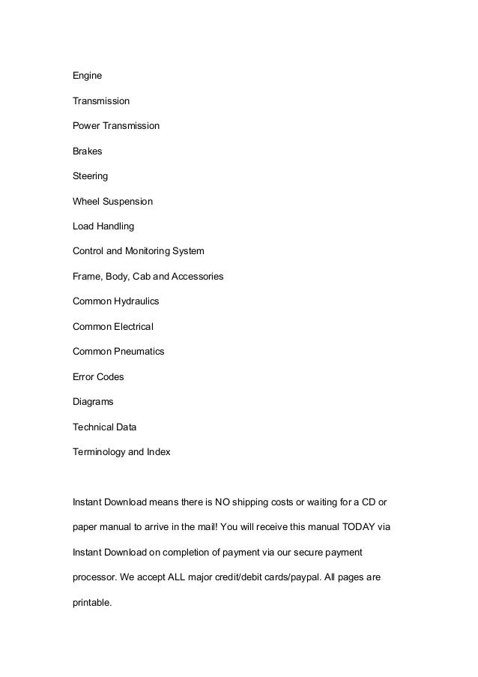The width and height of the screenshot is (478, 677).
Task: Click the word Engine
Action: pyautogui.click(x=87, y=76)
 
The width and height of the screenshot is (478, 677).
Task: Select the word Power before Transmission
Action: pyautogui.click(x=87, y=126)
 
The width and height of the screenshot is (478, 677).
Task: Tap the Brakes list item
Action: pyautogui.click(x=87, y=151)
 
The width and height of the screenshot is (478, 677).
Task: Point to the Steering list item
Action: pyautogui.click(x=90, y=176)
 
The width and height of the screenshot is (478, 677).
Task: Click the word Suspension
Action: pyautogui.click(x=128, y=201)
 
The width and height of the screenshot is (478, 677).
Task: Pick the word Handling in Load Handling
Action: pyautogui.click(x=115, y=226)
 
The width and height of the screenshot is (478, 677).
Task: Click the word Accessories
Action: pyautogui.click(x=198, y=276)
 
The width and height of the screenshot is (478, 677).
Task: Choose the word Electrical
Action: pyautogui.click(x=133, y=326)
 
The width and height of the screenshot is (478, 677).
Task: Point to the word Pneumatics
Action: pyautogui.click(x=139, y=351)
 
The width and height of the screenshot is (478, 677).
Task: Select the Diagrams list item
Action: pyautogui.click(x=93, y=401)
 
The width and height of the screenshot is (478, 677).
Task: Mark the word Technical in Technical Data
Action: pyautogui.click(x=94, y=427)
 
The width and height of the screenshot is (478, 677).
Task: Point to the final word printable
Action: pyautogui.click(x=91, y=601)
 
